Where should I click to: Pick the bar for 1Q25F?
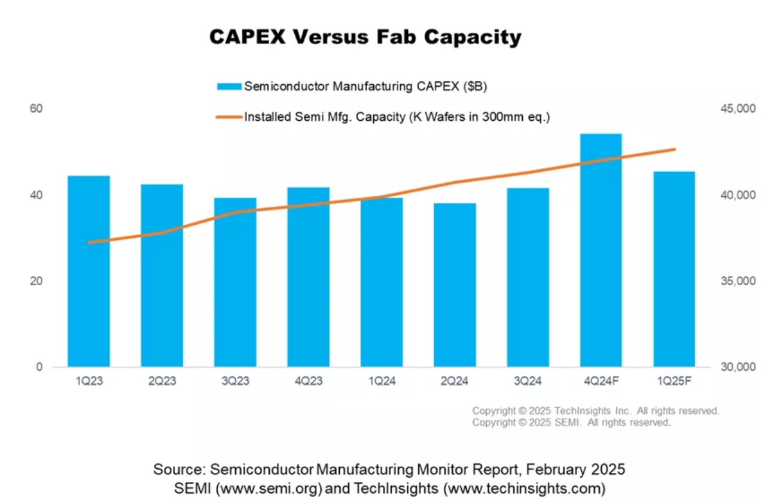click(x=674, y=269)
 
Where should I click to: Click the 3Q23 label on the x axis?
click(x=235, y=381)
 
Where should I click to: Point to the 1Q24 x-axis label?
click(x=382, y=381)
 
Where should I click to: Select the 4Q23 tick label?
click(x=308, y=381)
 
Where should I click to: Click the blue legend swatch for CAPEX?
click(x=229, y=87)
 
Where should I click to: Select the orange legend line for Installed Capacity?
click(x=229, y=117)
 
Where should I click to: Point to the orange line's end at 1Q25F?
click(x=674, y=149)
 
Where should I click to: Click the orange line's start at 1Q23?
click(x=89, y=243)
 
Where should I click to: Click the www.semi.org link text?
click(x=270, y=488)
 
